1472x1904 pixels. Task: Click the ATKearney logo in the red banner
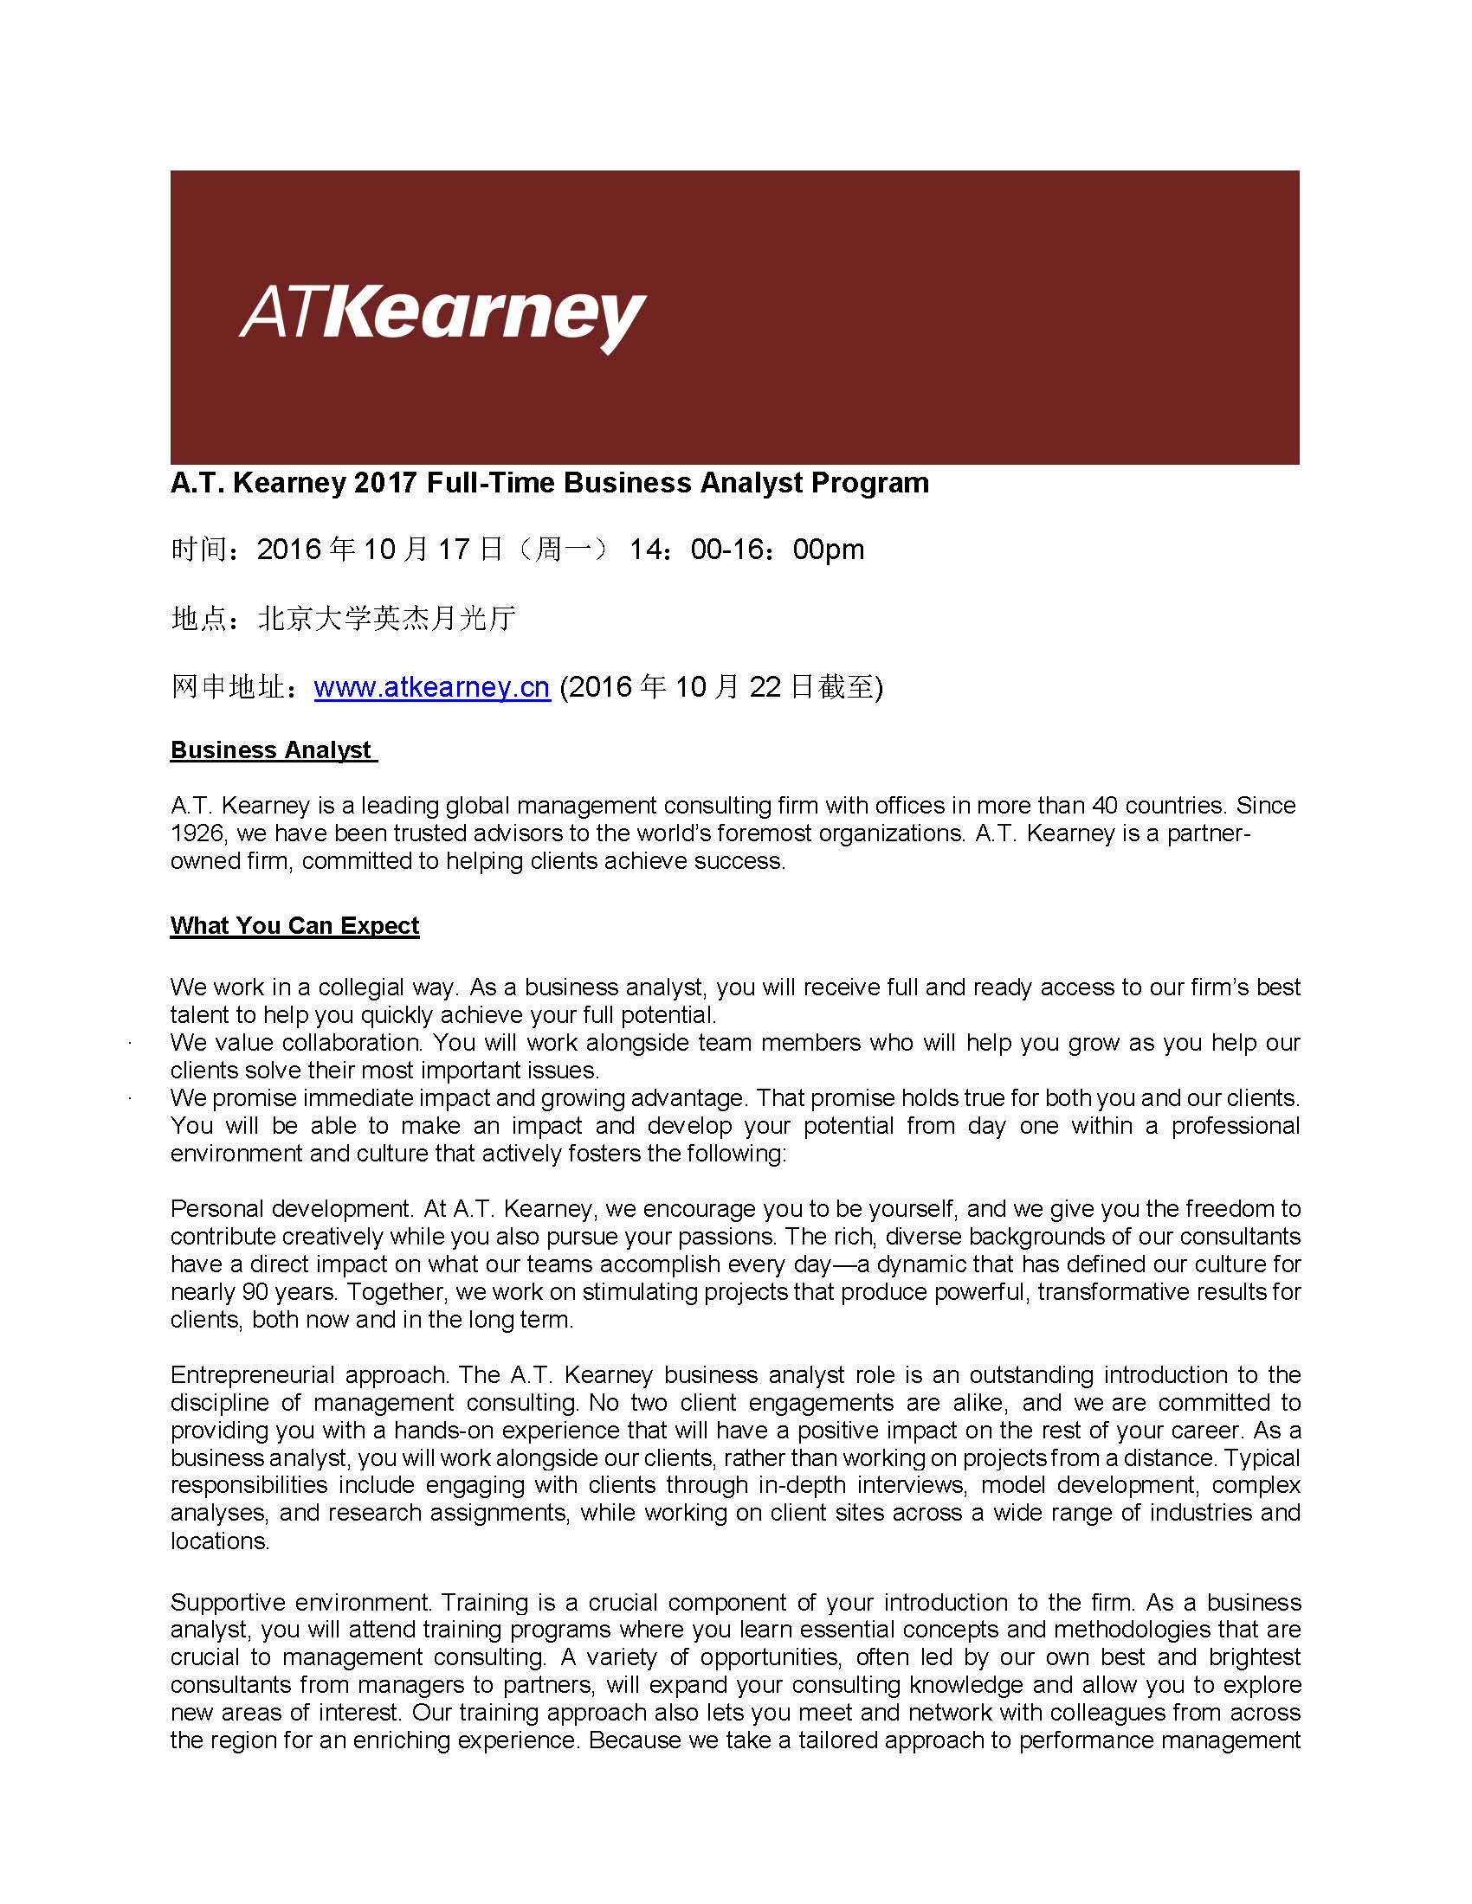point(442,319)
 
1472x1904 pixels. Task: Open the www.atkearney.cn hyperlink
point(432,688)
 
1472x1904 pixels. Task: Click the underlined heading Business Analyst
point(271,750)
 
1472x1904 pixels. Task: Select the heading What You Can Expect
point(294,926)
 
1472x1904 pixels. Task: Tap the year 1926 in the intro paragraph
point(197,833)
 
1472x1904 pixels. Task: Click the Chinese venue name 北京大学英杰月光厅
point(387,619)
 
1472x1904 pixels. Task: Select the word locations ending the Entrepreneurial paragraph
point(219,1541)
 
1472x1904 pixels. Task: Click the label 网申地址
point(227,688)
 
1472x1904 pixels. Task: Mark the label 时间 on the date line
point(199,550)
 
